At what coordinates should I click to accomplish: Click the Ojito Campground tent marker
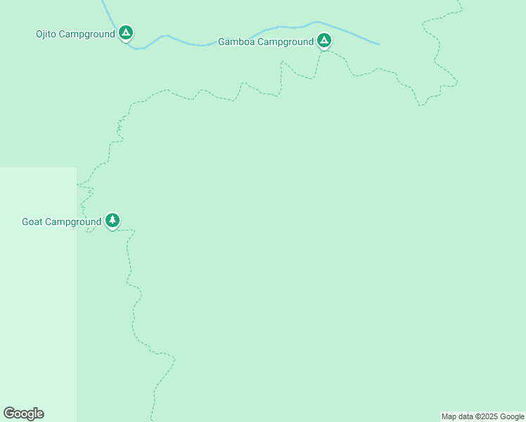click(126, 32)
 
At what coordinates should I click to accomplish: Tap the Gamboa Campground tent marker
click(323, 41)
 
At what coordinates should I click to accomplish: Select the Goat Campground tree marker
click(113, 221)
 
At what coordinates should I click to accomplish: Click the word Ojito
click(47, 34)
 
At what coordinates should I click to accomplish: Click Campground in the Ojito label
click(87, 34)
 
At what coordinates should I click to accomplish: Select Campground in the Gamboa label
click(285, 41)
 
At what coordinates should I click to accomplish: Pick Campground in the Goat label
click(73, 222)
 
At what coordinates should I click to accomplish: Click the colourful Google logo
click(23, 414)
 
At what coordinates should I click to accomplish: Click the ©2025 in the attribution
click(486, 417)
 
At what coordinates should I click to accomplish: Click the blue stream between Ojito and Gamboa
click(211, 44)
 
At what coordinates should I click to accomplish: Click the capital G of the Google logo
click(9, 414)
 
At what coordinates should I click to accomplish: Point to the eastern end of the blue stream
click(378, 44)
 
